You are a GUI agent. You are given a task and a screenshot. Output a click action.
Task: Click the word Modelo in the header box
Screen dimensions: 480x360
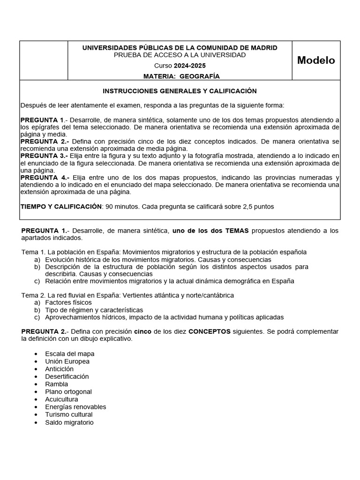click(x=316, y=60)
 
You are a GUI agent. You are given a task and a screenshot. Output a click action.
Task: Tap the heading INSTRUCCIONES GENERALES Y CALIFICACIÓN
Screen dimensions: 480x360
click(x=180, y=91)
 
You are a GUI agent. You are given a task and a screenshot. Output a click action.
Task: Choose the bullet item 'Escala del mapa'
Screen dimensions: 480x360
click(x=69, y=354)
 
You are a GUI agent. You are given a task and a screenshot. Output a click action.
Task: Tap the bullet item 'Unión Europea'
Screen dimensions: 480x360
click(x=67, y=361)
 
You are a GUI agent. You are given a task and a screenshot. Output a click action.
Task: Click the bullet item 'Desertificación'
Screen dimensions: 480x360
click(x=67, y=376)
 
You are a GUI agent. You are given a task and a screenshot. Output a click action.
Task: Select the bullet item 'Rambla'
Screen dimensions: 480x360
click(x=56, y=384)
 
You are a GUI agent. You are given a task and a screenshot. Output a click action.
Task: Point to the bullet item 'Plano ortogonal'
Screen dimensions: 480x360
click(x=68, y=392)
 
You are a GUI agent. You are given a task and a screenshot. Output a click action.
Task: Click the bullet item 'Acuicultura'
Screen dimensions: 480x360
click(x=62, y=399)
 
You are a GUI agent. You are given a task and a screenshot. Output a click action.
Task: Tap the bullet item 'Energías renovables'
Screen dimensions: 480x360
click(x=75, y=407)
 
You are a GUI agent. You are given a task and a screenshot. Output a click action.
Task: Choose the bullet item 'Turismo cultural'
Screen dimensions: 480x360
click(x=69, y=414)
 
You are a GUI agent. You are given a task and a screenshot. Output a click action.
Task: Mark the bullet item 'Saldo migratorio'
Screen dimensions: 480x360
click(x=69, y=422)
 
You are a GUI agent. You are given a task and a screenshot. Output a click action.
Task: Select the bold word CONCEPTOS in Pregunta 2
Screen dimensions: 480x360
click(x=209, y=331)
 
